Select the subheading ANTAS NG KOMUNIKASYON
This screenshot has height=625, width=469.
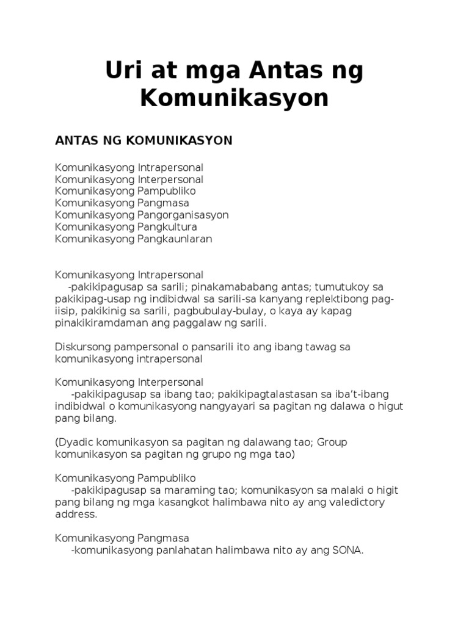pyautogui.click(x=144, y=140)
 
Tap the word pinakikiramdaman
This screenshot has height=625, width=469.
pyautogui.click(x=96, y=323)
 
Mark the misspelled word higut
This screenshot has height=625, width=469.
pyautogui.click(x=391, y=406)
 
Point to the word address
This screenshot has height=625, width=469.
pyautogui.click(x=75, y=514)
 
